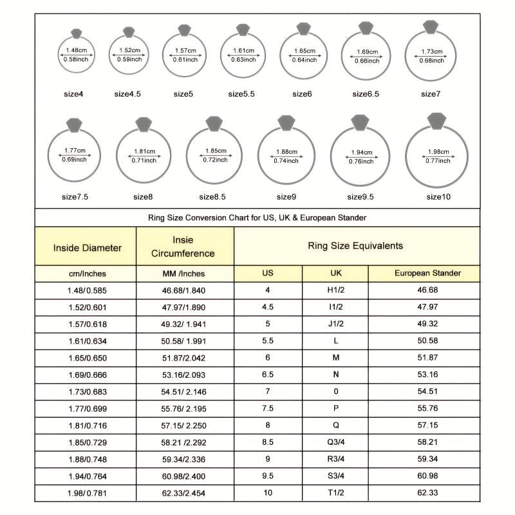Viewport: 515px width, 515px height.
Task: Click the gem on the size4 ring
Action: pos(77,33)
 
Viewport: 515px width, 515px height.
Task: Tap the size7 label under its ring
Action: pos(431,94)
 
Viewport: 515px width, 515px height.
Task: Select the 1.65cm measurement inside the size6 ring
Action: pos(304,51)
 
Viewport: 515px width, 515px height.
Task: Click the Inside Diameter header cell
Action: pos(87,247)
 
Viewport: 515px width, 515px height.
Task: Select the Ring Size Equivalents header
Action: pos(356,245)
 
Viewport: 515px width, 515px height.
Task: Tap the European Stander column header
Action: pos(427,273)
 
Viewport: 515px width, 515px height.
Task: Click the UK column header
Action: pos(335,273)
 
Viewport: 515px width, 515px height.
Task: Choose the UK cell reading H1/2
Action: pos(335,290)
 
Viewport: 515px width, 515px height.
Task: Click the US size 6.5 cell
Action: pos(268,373)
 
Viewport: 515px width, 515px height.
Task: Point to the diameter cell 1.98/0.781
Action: pos(88,492)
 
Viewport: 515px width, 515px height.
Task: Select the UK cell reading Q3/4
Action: pos(335,442)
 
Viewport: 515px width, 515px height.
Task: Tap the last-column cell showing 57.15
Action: pos(427,426)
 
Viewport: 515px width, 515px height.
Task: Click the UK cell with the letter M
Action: pos(335,357)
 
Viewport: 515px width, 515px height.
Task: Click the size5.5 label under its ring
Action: pos(241,94)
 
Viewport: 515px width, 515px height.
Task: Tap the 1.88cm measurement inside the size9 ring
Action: pos(286,152)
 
